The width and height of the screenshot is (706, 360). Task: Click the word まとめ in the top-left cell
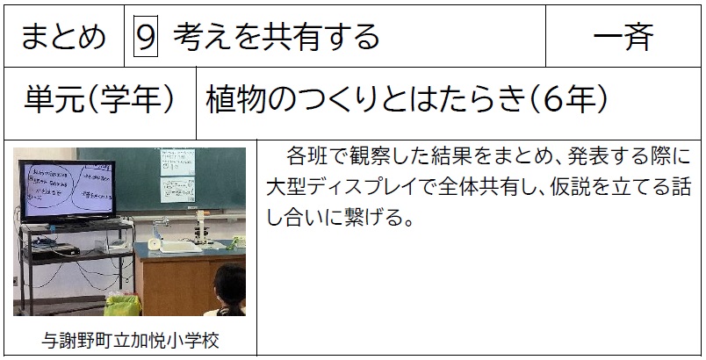63,37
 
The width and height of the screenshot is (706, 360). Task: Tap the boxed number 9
146,36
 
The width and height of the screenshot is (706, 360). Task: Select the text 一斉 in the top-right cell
623,36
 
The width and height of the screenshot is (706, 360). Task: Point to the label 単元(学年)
99,100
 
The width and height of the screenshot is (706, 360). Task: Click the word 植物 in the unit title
235,100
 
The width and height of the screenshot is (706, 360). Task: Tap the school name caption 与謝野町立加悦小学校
130,341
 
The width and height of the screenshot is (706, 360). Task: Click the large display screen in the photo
68,190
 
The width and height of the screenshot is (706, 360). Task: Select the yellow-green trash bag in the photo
122,305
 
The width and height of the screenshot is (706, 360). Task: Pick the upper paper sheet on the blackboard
178,162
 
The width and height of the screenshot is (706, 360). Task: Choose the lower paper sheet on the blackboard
178,190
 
